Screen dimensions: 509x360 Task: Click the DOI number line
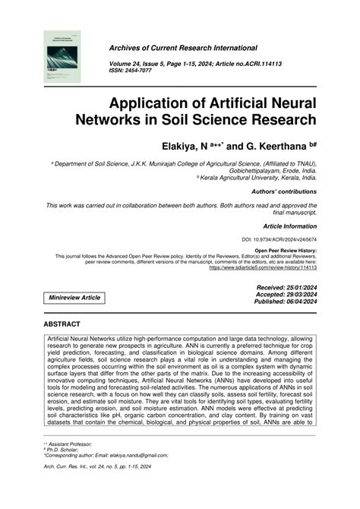279,240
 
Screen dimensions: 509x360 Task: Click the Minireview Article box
74,297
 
